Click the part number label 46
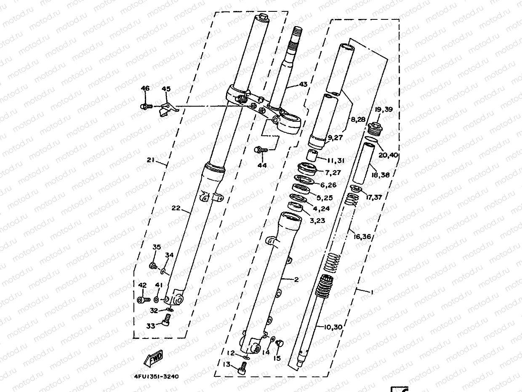(145, 89)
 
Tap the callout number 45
(166, 89)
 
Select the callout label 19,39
(384, 110)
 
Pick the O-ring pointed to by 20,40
(369, 139)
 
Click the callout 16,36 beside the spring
(362, 237)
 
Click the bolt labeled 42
(143, 300)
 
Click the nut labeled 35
(154, 266)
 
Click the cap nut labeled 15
(279, 344)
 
